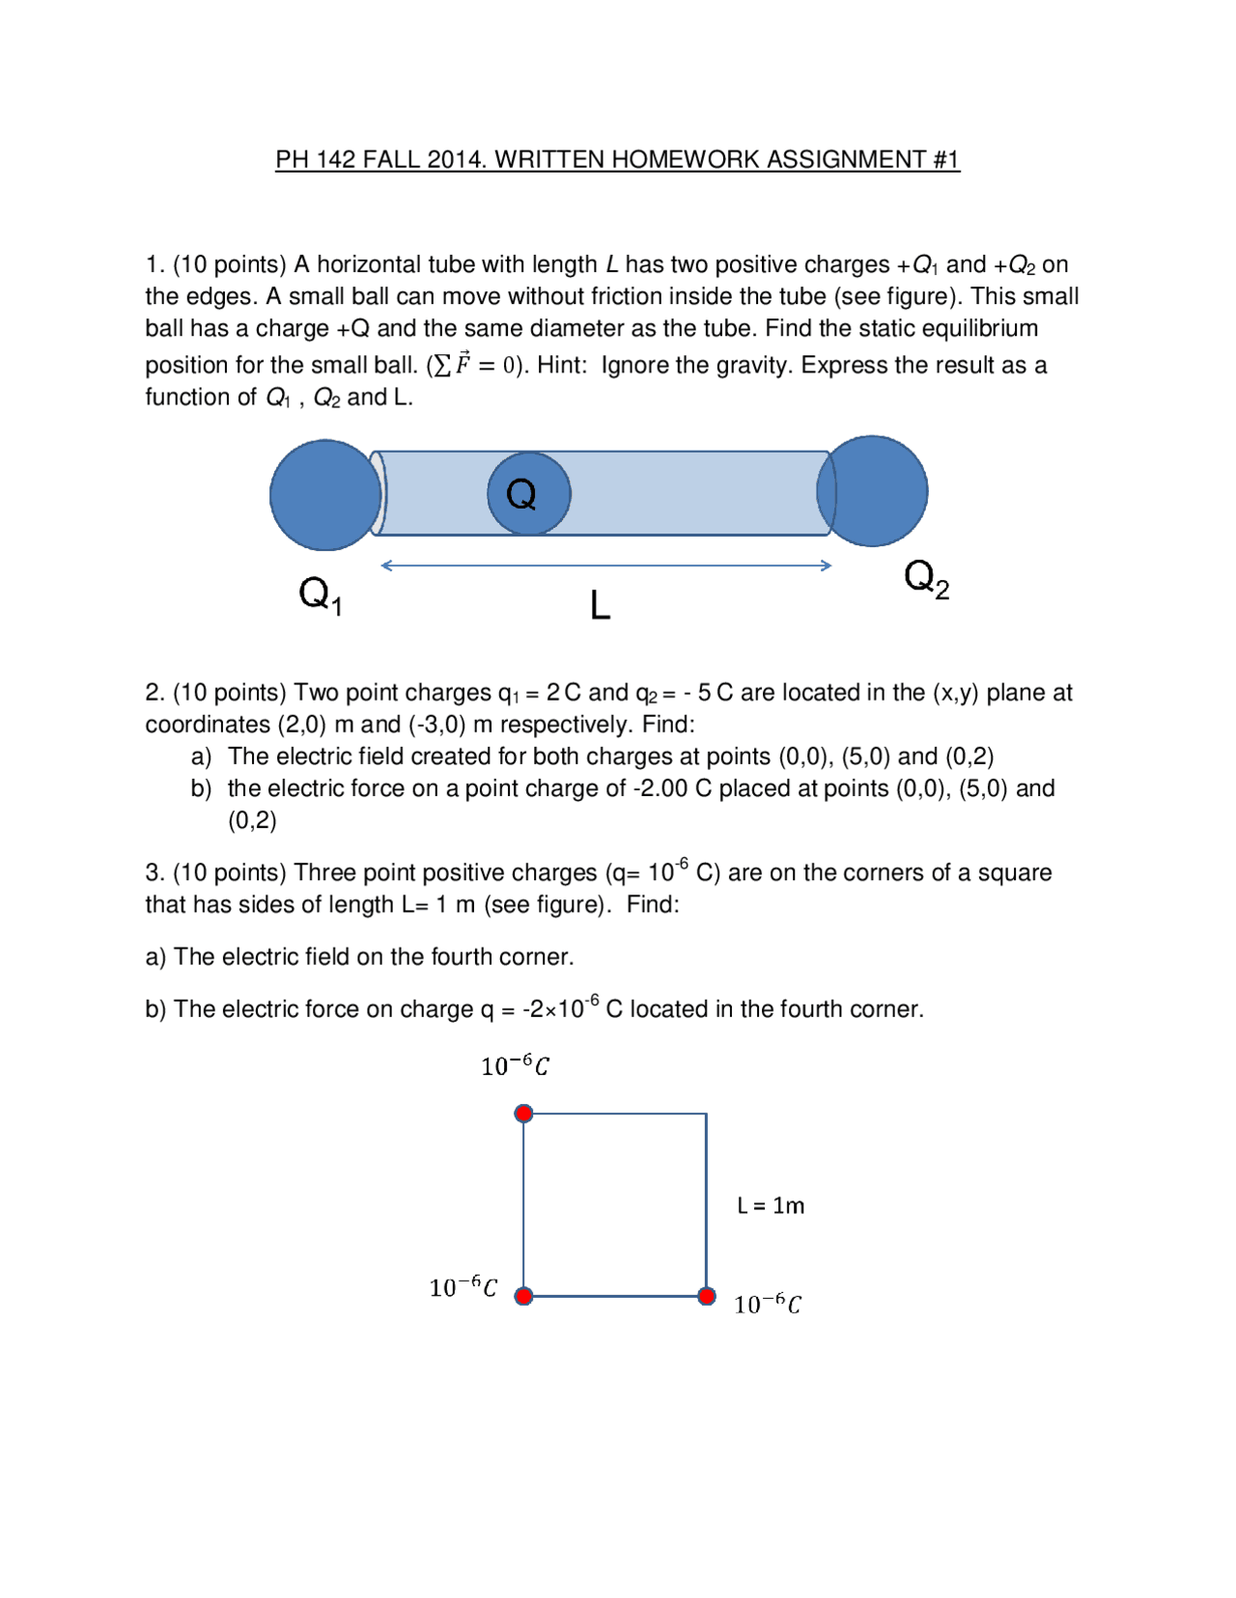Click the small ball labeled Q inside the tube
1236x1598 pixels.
coord(528,494)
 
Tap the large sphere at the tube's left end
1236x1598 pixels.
coord(324,495)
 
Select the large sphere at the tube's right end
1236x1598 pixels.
coord(874,491)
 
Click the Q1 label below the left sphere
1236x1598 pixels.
coord(320,594)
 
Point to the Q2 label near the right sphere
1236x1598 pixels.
coord(925,579)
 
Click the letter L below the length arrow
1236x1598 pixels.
coord(600,606)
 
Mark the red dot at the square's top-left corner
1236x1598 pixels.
coord(523,1114)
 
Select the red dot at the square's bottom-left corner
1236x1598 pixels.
coord(523,1296)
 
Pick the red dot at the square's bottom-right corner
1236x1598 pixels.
coord(707,1296)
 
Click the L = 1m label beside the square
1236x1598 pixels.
coord(770,1205)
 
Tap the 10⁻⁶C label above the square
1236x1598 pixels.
coord(515,1065)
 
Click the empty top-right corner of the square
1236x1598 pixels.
coord(706,1115)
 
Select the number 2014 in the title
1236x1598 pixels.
coord(454,159)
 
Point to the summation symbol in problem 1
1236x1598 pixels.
coord(442,366)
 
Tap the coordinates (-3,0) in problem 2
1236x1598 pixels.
coord(437,725)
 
